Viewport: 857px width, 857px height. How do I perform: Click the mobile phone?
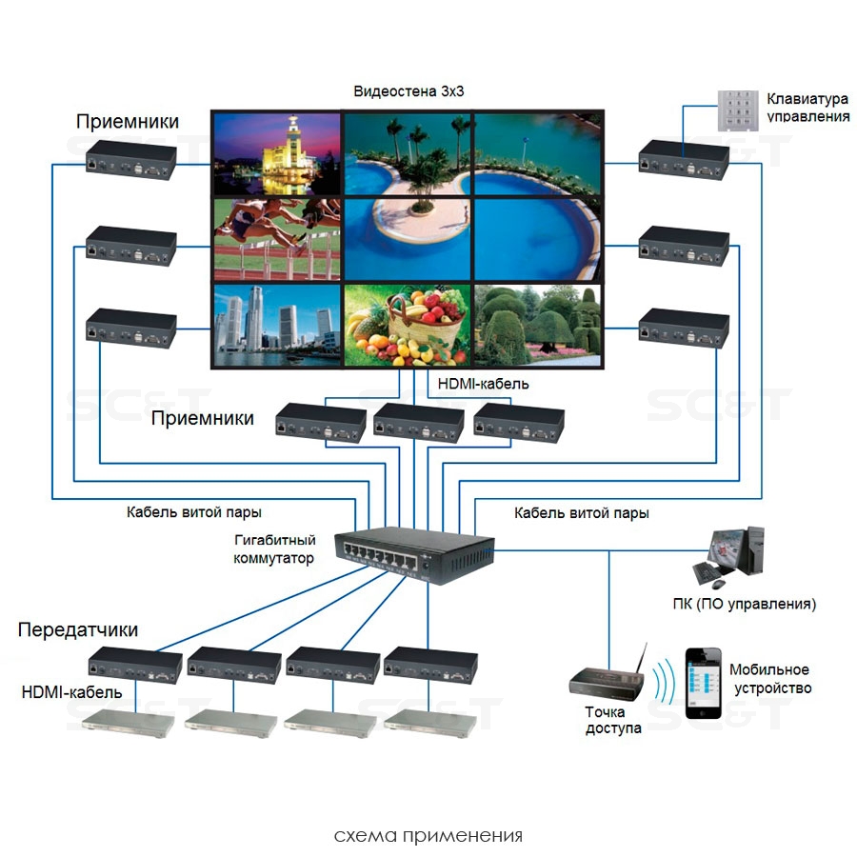pos(703,683)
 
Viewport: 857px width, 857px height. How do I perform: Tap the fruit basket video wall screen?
pos(408,326)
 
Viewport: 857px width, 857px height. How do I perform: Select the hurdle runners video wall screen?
pos(276,238)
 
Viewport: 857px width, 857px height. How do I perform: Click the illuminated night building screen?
pos(276,152)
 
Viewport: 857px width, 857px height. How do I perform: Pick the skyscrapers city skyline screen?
pos(276,326)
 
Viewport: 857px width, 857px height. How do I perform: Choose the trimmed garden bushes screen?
pos(538,326)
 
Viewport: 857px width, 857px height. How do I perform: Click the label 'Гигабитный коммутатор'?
pos(274,549)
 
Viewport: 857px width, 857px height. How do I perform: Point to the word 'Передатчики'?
pos(78,630)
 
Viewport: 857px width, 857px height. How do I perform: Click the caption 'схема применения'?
pos(428,836)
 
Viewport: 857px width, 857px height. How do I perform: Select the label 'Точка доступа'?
pos(613,720)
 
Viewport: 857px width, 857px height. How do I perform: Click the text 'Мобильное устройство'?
pos(769,679)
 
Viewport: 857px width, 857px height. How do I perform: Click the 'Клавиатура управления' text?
pos(807,107)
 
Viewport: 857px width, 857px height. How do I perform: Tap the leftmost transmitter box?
pos(135,664)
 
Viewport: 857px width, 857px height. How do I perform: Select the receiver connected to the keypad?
pos(684,159)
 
